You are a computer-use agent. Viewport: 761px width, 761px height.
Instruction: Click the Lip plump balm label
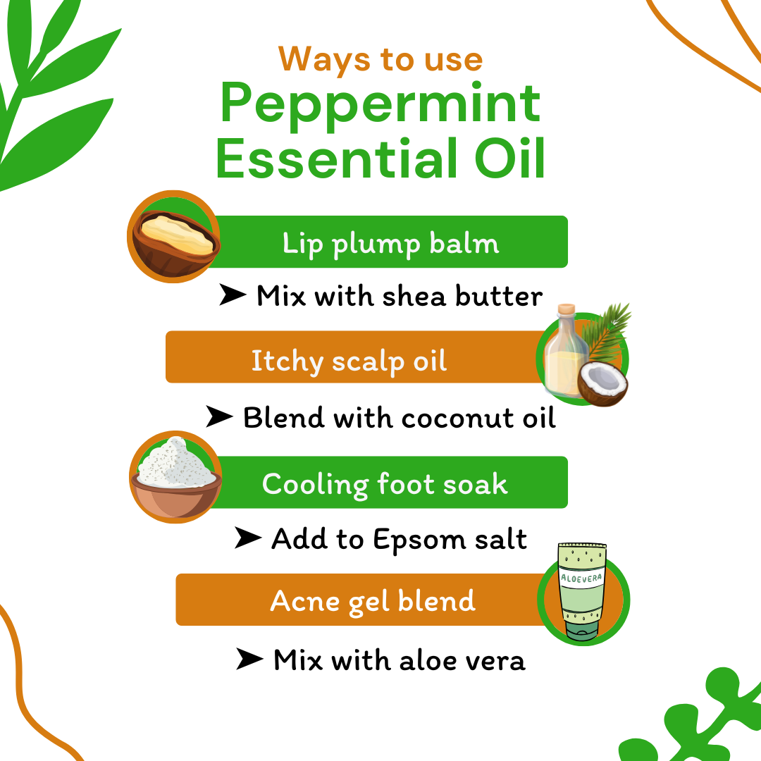click(390, 244)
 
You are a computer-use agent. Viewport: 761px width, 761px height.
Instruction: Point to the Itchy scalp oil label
click(349, 361)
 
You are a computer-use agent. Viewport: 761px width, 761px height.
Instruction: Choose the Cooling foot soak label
click(385, 484)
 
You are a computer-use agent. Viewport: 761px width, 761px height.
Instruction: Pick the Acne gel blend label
click(373, 601)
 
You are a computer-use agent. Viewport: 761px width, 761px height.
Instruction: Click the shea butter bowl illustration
click(173, 238)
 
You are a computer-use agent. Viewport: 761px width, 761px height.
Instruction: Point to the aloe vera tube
click(582, 590)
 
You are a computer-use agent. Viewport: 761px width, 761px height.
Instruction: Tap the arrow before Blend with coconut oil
click(219, 417)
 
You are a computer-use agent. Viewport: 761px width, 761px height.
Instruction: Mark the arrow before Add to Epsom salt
click(247, 539)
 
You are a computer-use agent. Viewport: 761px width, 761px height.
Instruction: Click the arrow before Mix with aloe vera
click(249, 660)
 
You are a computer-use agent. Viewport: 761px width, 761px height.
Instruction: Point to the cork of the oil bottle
click(567, 310)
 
